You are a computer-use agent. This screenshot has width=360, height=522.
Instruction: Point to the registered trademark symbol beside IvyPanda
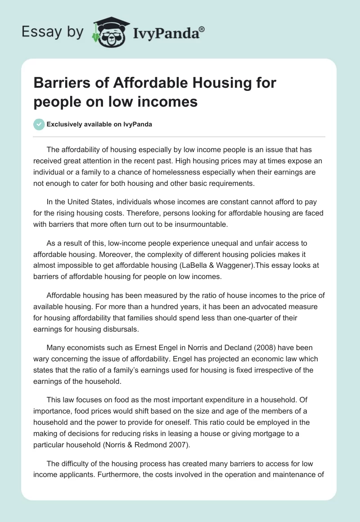(x=202, y=29)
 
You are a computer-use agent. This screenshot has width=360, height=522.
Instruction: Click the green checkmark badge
(x=39, y=124)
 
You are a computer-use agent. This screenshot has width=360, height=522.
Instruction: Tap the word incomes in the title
(x=172, y=102)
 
